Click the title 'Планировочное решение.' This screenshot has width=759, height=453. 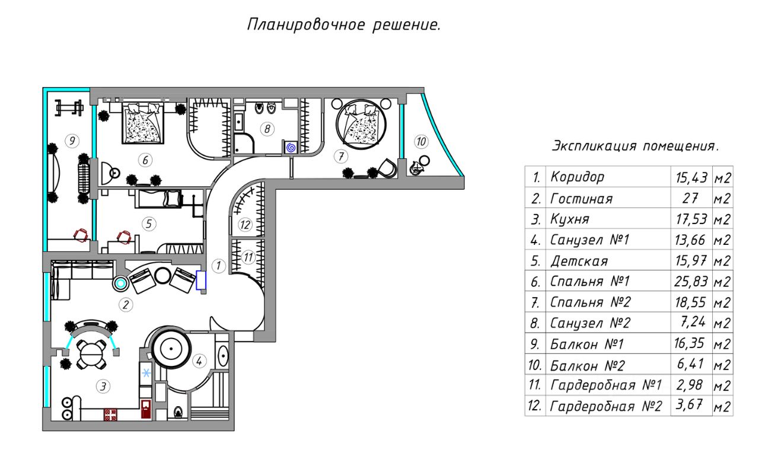(343, 25)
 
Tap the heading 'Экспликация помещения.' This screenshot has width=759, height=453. (634, 146)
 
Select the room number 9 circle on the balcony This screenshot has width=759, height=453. (71, 141)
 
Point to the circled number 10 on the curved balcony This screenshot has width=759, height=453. (420, 142)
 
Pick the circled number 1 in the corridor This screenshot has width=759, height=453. (218, 266)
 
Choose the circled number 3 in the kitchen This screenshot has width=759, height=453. (103, 387)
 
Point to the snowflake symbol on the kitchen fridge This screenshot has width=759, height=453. (145, 372)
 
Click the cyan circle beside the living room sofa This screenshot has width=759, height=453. (121, 283)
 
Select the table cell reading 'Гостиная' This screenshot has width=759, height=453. (581, 199)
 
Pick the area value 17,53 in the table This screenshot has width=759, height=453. (691, 219)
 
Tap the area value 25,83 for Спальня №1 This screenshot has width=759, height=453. (691, 282)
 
